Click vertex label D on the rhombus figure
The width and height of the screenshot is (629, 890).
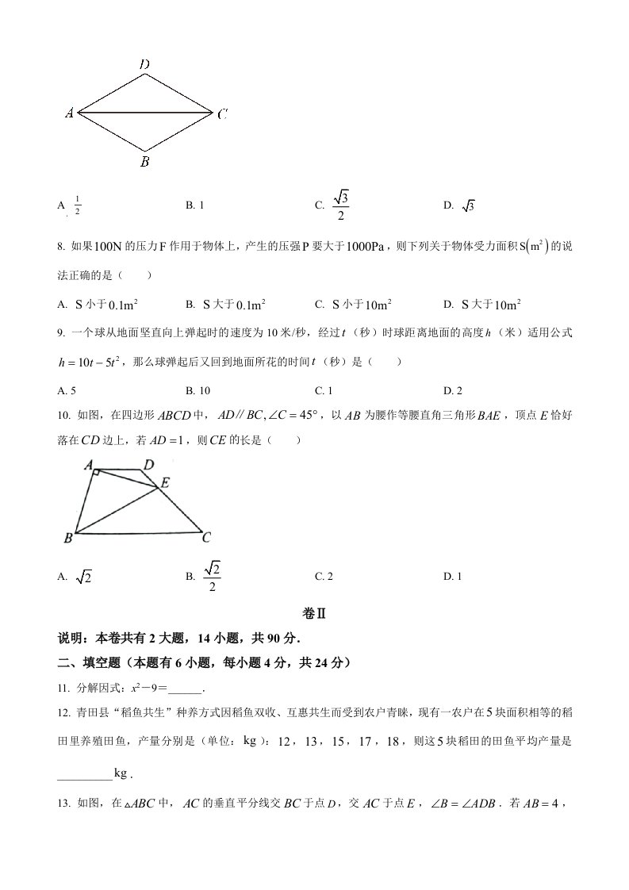pos(144,63)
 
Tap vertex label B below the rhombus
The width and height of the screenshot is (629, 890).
pos(144,163)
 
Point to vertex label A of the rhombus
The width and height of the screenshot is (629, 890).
pos(70,113)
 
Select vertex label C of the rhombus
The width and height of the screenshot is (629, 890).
pos(222,114)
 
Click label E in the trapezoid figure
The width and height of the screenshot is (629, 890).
pos(165,482)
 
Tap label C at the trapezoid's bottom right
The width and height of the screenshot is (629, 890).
pos(205,538)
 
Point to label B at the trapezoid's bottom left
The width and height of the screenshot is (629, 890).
pos(68,539)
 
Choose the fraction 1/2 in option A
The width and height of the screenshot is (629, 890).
pos(78,206)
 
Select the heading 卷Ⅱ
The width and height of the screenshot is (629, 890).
pos(315,614)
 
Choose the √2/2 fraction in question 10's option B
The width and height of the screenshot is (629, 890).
pos(212,577)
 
